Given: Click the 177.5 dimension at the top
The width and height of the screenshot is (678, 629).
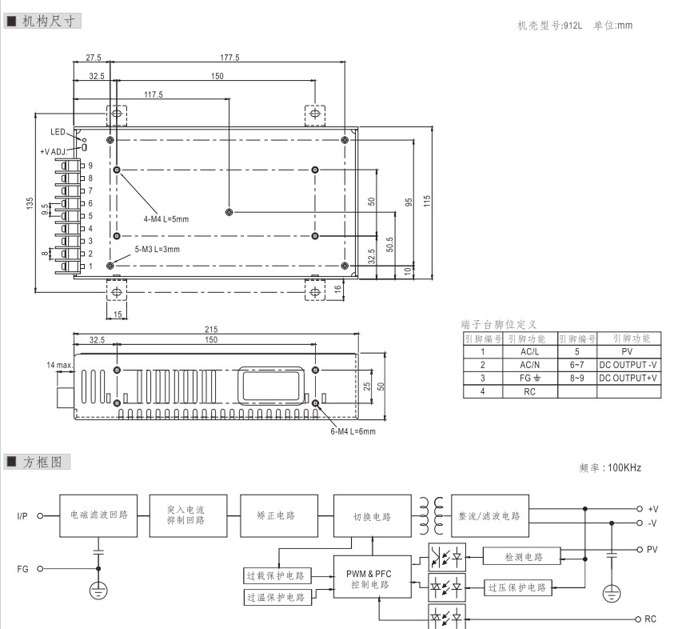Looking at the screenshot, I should pos(232,58).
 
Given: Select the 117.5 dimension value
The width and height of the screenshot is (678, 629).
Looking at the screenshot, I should pos(153,94).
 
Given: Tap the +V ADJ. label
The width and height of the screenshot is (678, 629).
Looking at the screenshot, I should pos(57,150).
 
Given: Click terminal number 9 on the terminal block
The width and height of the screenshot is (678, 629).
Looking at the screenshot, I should pos(91,165).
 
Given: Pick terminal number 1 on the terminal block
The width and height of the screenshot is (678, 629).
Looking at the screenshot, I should pos(91,266).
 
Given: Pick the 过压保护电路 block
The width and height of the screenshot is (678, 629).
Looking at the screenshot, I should pos(518,588).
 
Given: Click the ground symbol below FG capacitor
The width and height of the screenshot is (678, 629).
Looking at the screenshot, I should pos(99,592).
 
